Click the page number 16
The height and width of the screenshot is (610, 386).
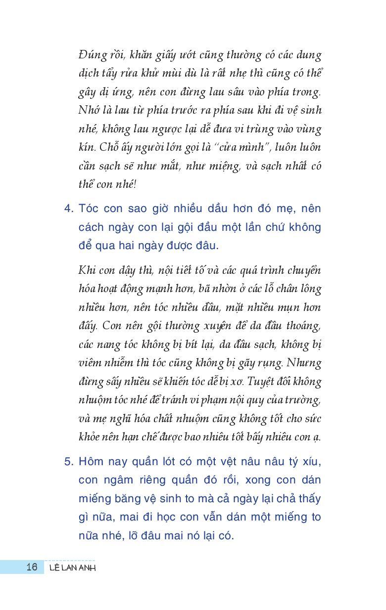click(x=32, y=566)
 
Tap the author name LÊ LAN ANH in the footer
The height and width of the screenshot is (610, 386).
click(x=73, y=567)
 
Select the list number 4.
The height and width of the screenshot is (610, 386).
click(x=68, y=208)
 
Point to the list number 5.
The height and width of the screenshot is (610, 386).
click(x=68, y=461)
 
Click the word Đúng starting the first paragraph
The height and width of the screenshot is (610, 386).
click(x=91, y=55)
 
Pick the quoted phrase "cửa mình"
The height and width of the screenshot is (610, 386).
click(x=252, y=147)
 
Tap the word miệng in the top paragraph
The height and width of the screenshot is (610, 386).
click(x=225, y=166)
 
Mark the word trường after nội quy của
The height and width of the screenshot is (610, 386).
click(x=304, y=400)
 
